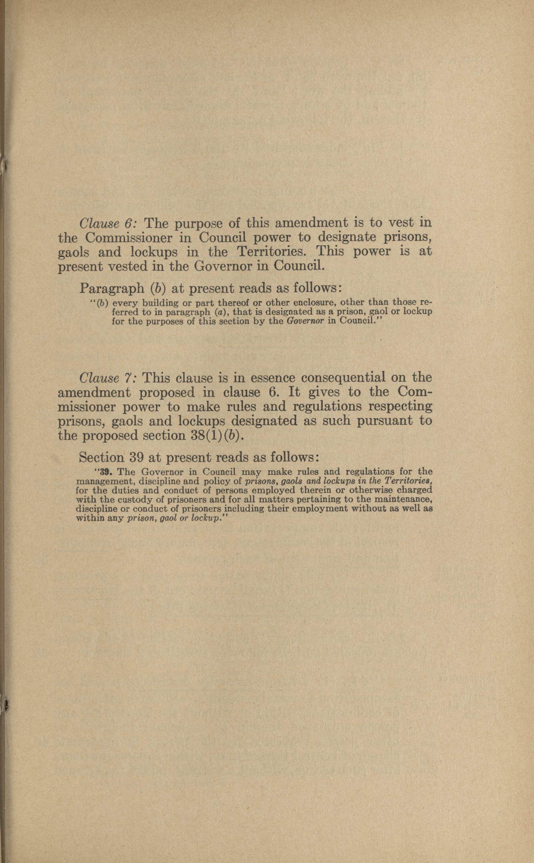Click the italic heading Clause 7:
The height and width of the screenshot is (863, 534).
coord(111,378)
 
